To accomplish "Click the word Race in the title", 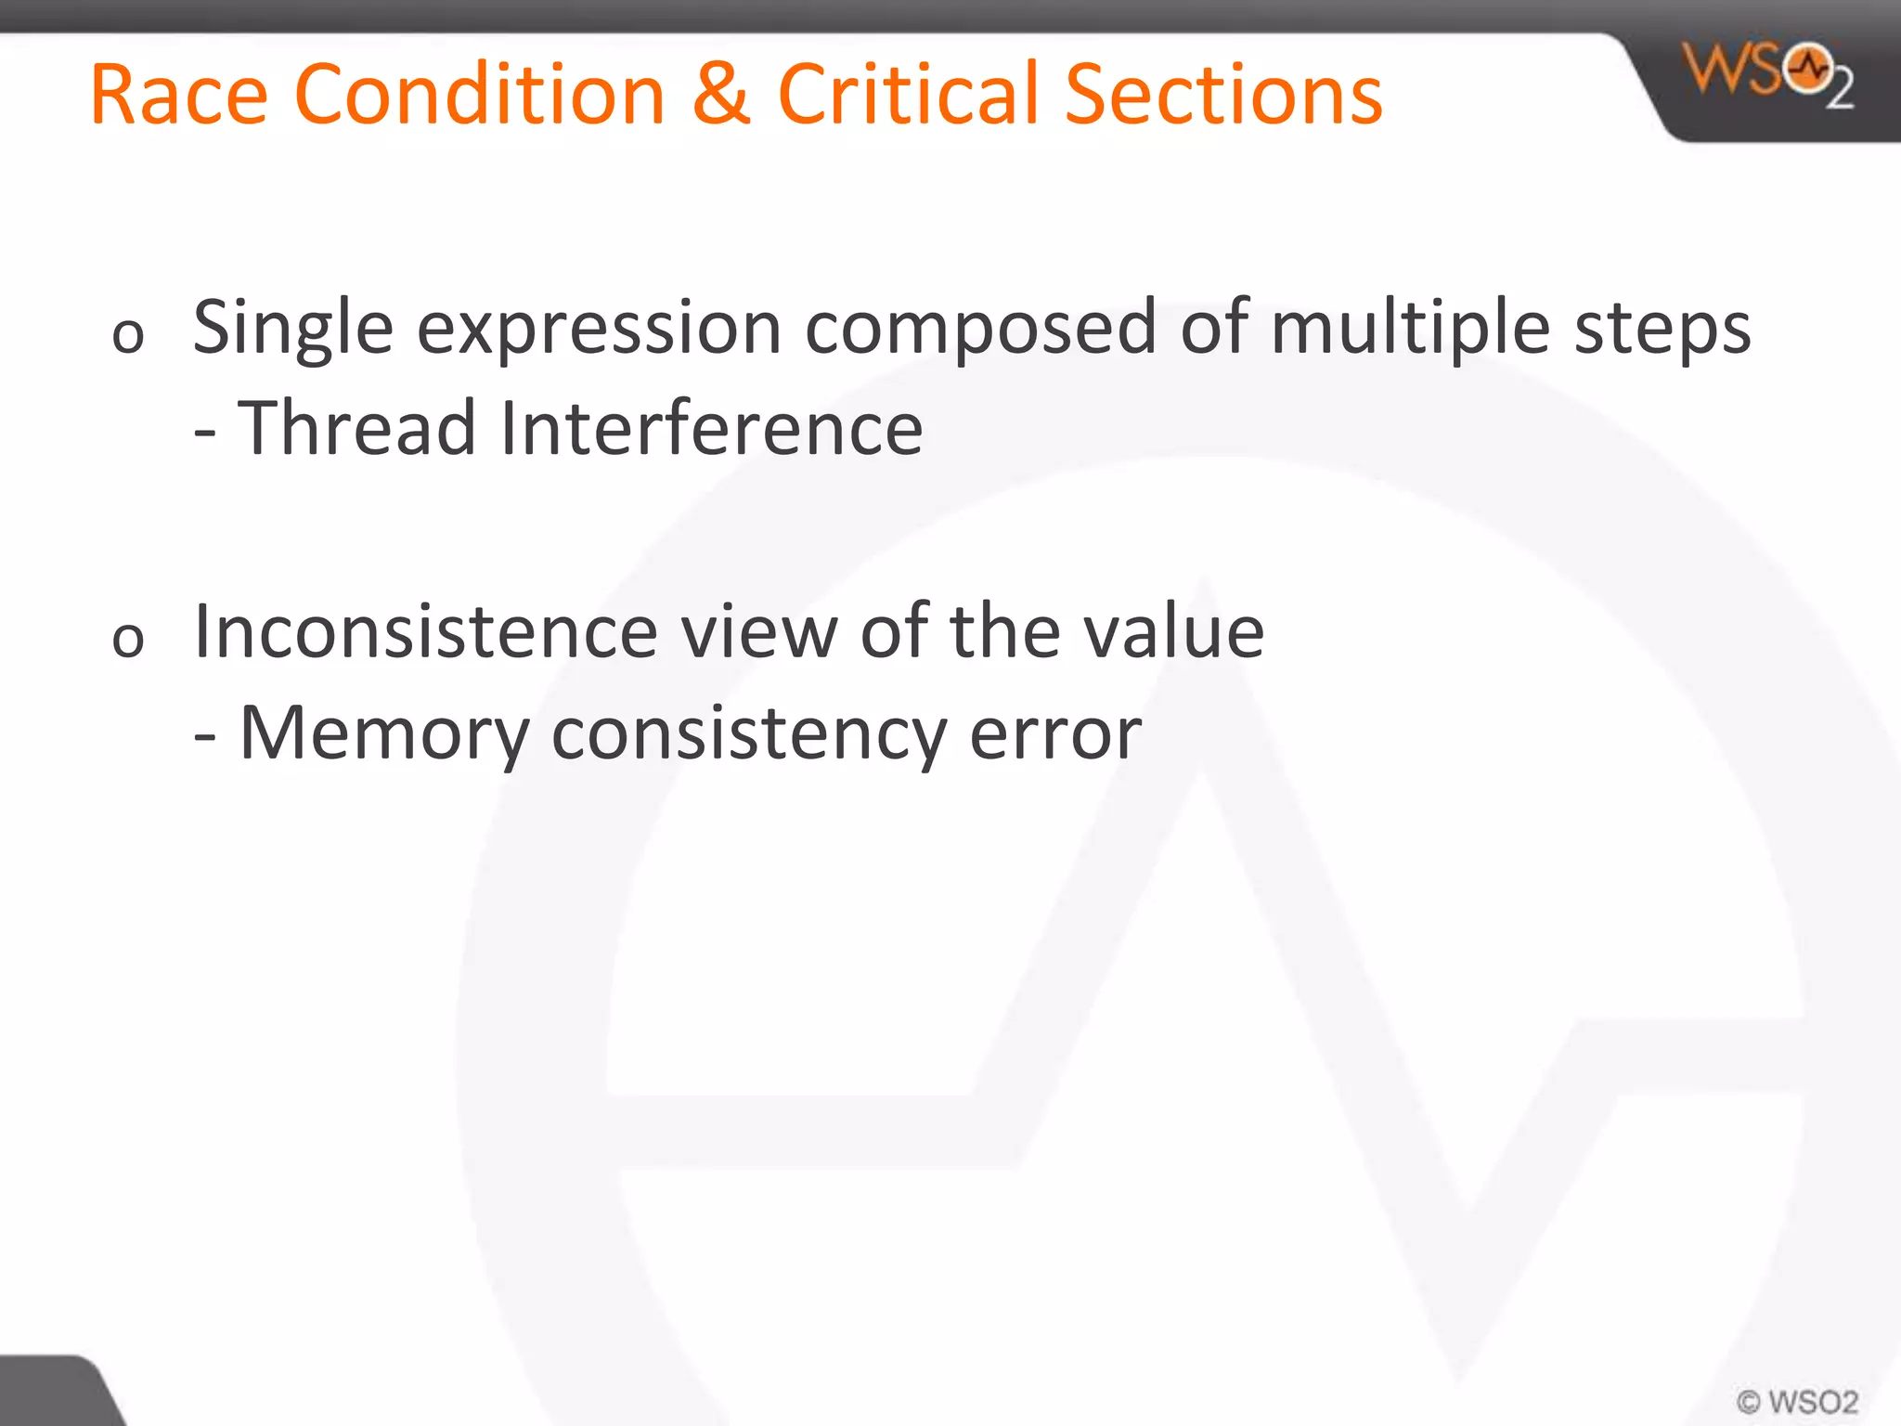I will (179, 95).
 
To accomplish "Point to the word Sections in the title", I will (1223, 95).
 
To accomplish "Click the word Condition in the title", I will (480, 95).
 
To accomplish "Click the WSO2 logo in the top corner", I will (1769, 74).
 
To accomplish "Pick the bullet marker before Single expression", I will (128, 335).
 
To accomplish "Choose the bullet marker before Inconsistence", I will (128, 640).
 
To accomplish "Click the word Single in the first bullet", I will (292, 330).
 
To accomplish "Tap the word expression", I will (599, 330).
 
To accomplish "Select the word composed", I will (980, 330).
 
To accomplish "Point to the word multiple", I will (1411, 330).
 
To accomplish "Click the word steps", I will (1662, 330).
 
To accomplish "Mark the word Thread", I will (356, 428).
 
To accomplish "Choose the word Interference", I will (711, 428).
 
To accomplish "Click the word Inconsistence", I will (425, 632).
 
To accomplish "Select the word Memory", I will (384, 733).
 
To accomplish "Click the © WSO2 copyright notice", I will (1797, 1401).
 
